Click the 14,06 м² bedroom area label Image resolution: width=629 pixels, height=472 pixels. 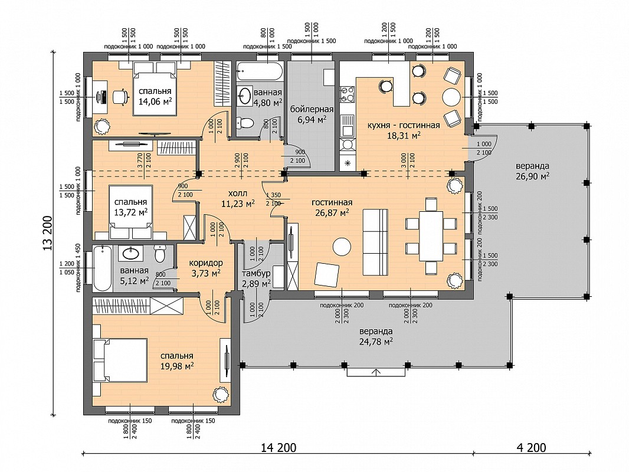(x=155, y=101)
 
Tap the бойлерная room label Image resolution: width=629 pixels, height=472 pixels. (x=312, y=110)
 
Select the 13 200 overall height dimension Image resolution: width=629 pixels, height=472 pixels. (x=48, y=234)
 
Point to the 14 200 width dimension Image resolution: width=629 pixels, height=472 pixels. (x=279, y=447)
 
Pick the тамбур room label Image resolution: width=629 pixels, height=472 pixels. (x=256, y=274)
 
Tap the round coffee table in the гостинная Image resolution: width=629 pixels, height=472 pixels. (x=342, y=247)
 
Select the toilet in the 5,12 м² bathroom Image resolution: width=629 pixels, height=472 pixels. (x=160, y=253)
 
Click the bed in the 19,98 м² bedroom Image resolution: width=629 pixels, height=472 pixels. (x=120, y=360)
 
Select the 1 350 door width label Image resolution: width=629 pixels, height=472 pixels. (x=274, y=195)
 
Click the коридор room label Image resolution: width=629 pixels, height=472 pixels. (x=206, y=263)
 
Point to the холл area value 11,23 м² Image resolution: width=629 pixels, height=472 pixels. (x=238, y=204)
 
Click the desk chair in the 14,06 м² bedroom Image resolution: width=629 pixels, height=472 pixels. (x=120, y=96)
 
